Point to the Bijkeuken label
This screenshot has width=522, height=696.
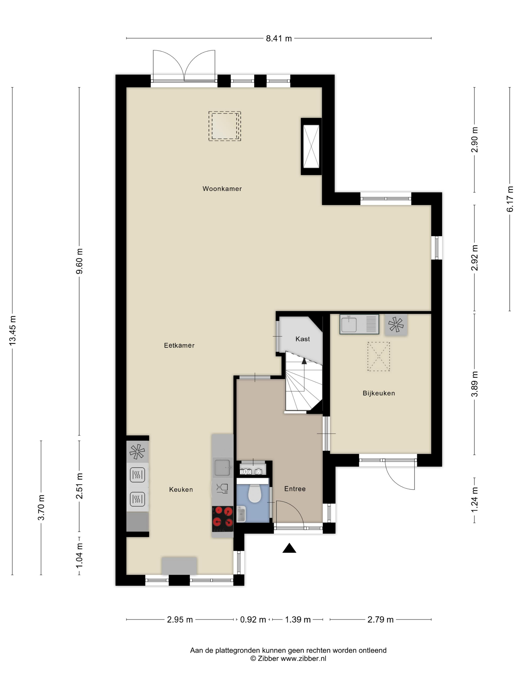[x=379, y=393]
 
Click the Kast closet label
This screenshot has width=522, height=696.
[x=302, y=339]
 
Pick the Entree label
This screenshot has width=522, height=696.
[x=295, y=489]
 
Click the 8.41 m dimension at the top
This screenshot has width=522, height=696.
[x=279, y=38]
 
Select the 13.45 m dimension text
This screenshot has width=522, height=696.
[x=13, y=331]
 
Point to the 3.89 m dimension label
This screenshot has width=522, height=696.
[x=475, y=384]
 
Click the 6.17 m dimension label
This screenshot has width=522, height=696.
[x=510, y=199]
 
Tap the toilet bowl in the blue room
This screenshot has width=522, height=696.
[x=255, y=493]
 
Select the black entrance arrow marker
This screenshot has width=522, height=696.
[x=289, y=548]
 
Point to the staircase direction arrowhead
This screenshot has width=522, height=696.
[x=304, y=361]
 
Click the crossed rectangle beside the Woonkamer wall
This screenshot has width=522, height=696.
[x=311, y=146]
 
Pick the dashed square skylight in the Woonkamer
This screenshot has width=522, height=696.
[x=225, y=126]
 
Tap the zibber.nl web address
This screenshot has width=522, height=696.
[x=303, y=658]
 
